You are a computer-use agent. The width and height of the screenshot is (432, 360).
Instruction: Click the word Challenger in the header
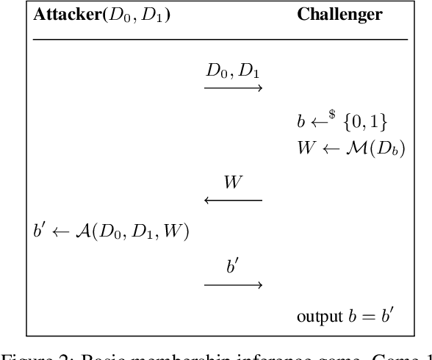pos(339,15)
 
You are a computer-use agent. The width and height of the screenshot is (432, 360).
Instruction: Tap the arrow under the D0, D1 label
pos(233,90)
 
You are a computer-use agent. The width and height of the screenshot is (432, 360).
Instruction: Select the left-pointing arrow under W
pos(233,200)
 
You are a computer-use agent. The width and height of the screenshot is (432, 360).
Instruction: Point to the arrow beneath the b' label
pos(233,284)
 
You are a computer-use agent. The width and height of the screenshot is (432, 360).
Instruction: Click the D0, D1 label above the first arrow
pos(233,73)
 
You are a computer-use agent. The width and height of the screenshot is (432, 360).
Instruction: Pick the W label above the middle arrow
pos(233,182)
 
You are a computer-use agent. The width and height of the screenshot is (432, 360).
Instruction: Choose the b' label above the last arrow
pos(233,266)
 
